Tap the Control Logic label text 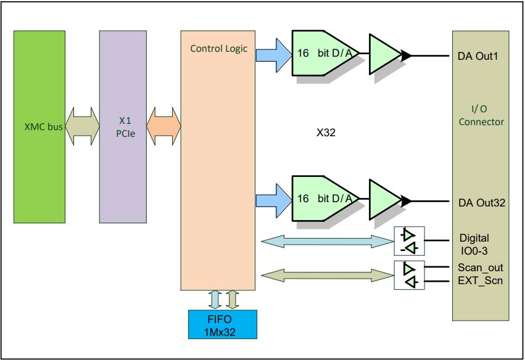(218, 49)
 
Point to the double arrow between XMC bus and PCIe (82, 127)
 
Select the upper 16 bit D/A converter (324, 55)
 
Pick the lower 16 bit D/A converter (324, 199)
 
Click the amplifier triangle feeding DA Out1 (386, 55)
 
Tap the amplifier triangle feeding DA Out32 (386, 199)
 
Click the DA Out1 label (478, 57)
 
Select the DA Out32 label (482, 202)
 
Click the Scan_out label (481, 268)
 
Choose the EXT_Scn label (480, 281)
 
